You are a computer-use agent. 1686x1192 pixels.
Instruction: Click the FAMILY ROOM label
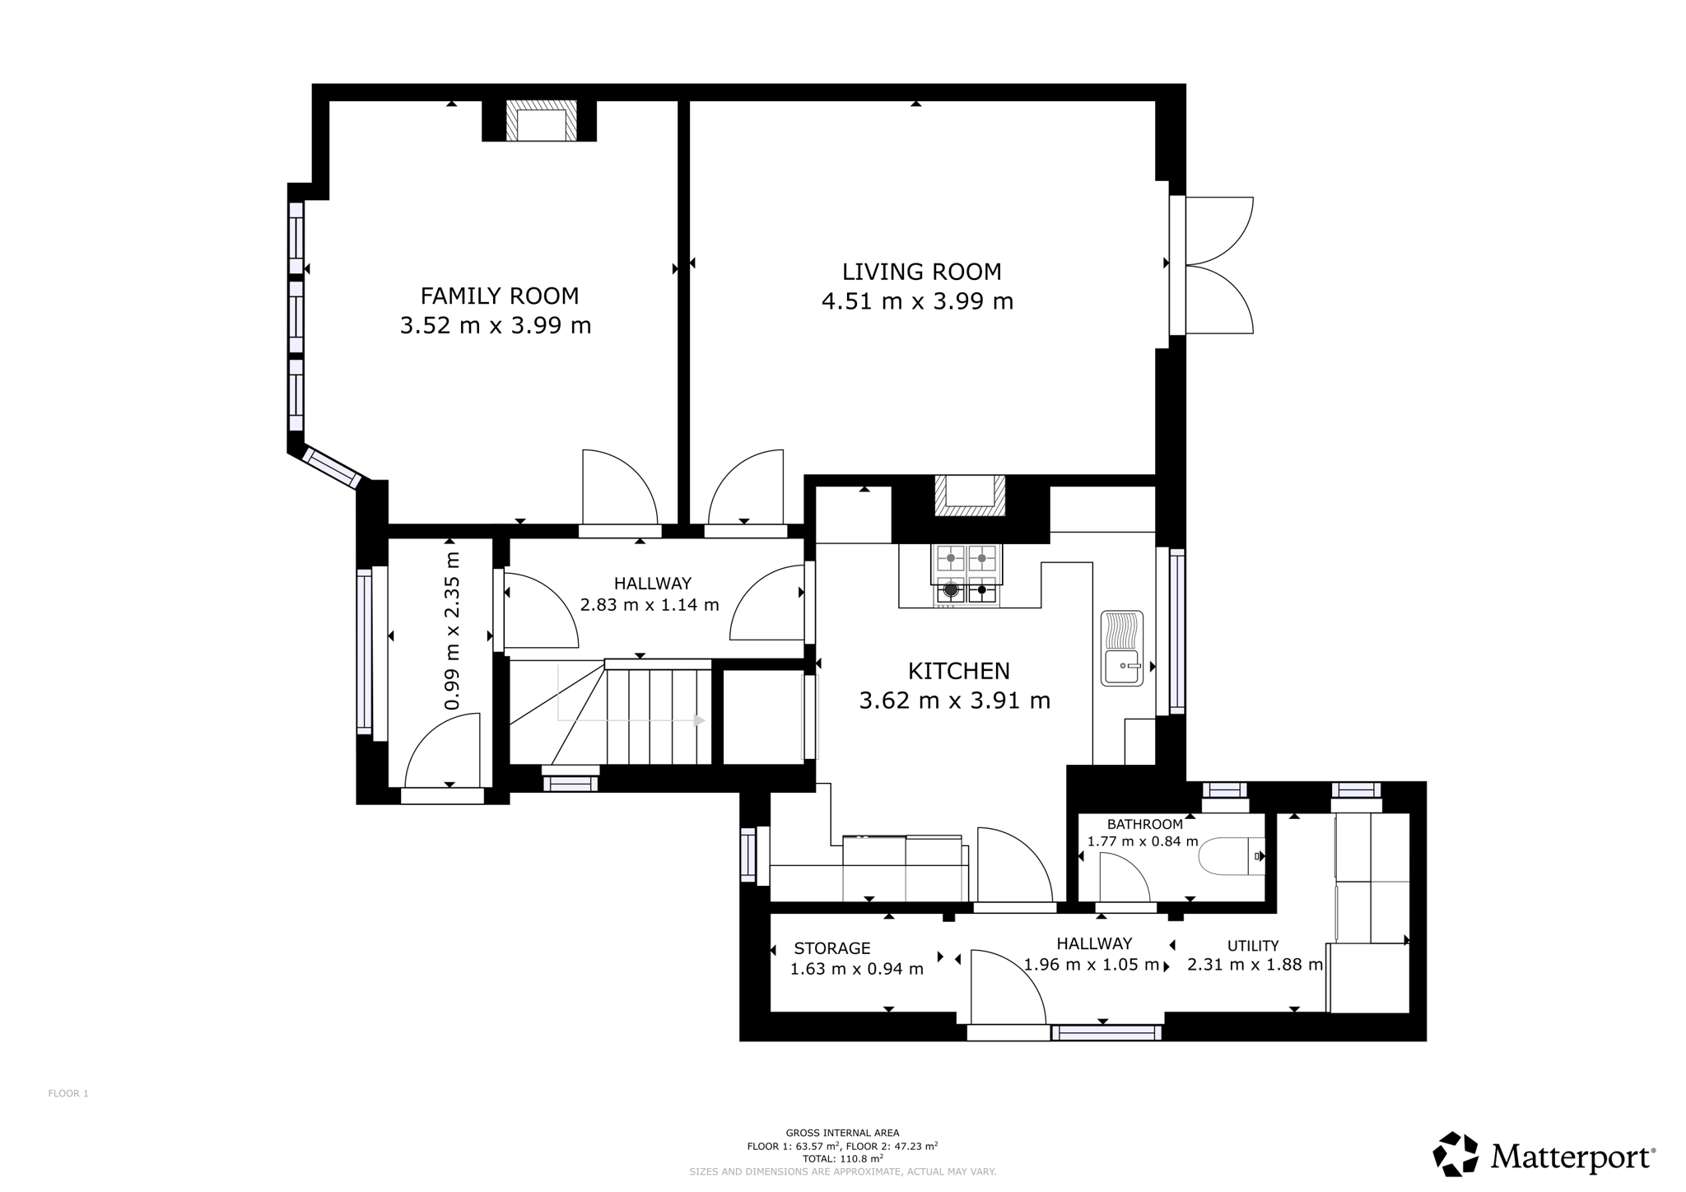click(500, 296)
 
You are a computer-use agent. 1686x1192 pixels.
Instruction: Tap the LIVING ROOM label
click(921, 272)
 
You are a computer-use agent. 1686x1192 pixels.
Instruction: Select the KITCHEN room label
click(958, 671)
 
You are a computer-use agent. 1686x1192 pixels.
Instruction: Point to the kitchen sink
click(1122, 648)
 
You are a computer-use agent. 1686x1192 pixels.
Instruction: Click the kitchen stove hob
click(966, 575)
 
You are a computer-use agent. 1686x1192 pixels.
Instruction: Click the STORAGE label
click(832, 948)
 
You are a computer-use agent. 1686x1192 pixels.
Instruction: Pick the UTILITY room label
click(1253, 946)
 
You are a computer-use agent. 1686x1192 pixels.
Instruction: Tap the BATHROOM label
click(1145, 824)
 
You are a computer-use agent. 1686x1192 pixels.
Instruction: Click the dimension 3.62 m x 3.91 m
click(955, 701)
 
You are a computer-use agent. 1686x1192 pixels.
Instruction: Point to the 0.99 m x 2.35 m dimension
click(451, 631)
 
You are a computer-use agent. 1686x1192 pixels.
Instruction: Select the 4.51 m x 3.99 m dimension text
click(917, 301)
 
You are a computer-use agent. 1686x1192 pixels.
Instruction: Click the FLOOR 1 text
click(68, 1093)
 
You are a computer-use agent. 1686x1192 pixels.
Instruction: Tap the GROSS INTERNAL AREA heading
click(842, 1133)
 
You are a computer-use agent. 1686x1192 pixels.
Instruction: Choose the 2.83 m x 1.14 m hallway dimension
click(650, 605)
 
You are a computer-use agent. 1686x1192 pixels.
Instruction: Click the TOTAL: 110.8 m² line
click(842, 1158)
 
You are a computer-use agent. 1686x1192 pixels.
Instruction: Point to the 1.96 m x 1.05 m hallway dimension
click(1092, 965)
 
